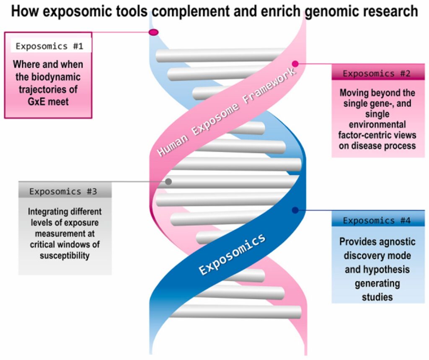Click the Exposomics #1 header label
click(x=49, y=46)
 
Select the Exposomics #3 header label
click(x=63, y=191)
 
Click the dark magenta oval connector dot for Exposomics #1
click(x=154, y=32)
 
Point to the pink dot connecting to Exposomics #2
click(x=295, y=64)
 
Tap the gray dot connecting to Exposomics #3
click(x=168, y=182)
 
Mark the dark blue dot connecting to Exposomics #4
click(x=295, y=210)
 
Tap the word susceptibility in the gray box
click(x=65, y=256)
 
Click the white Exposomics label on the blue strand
click(x=232, y=255)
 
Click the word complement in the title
click(x=203, y=11)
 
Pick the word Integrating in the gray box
click(x=45, y=211)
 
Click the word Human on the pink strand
click(x=173, y=145)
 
